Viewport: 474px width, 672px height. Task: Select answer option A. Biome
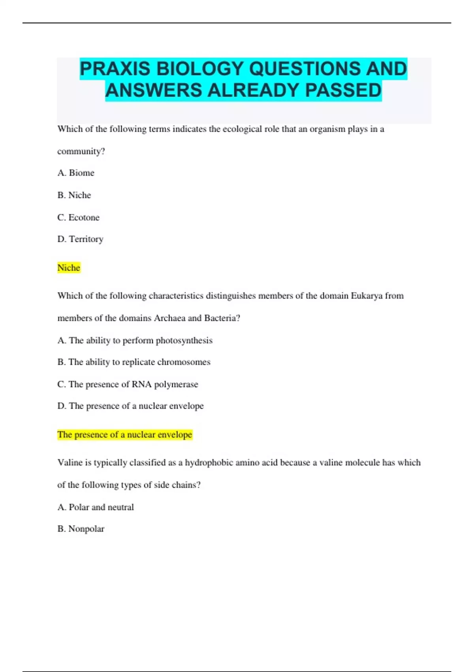tap(76, 173)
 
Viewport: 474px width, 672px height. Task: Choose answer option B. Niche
tap(74, 195)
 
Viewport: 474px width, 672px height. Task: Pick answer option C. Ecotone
tap(78, 217)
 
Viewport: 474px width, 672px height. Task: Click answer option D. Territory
tap(80, 239)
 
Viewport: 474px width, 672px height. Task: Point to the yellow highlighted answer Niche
tap(69, 268)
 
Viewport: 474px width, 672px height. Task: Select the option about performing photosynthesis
tap(135, 340)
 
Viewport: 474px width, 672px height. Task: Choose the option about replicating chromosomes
tap(134, 362)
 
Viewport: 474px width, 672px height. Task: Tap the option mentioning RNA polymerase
tap(128, 384)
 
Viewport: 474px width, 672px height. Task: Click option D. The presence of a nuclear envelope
tap(130, 406)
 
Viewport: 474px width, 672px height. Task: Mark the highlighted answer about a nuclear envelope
tap(124, 435)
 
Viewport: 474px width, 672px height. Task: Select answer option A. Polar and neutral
tap(96, 507)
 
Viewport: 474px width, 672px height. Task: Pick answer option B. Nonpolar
tap(81, 529)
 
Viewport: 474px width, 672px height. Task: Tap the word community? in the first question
tap(81, 151)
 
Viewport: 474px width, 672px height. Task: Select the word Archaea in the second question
tap(169, 318)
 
